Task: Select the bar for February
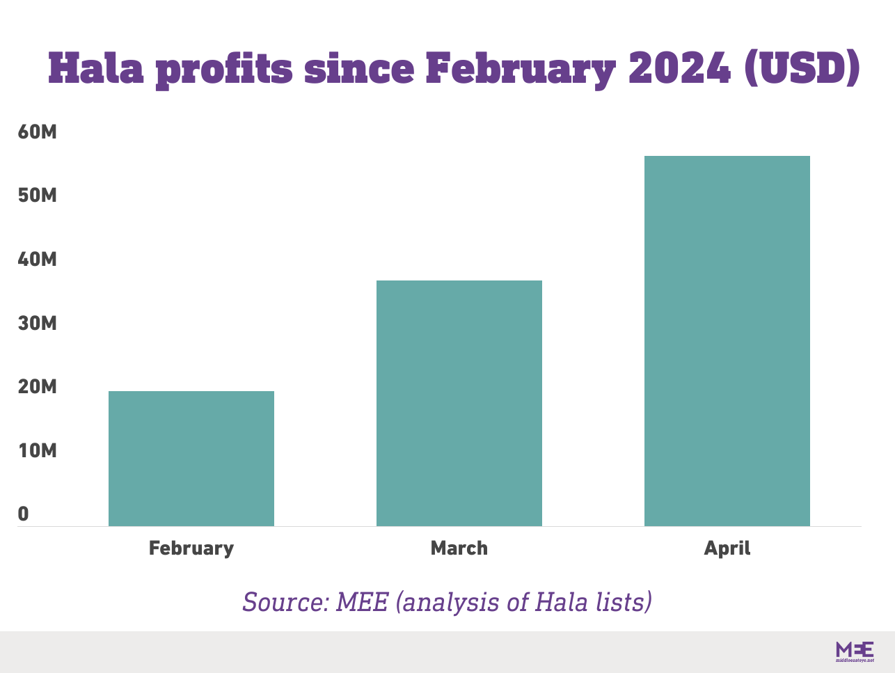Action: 191,458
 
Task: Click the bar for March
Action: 459,403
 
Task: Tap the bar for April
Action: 727,340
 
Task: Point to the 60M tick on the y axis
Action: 37,132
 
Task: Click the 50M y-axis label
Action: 37,196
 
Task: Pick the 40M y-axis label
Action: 37,260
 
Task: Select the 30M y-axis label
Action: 37,323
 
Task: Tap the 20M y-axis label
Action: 37,387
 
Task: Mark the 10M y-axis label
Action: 37,451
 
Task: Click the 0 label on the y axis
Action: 24,514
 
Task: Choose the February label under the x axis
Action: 191,548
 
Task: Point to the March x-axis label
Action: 459,548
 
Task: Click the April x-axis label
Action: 727,548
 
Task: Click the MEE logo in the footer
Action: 855,651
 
